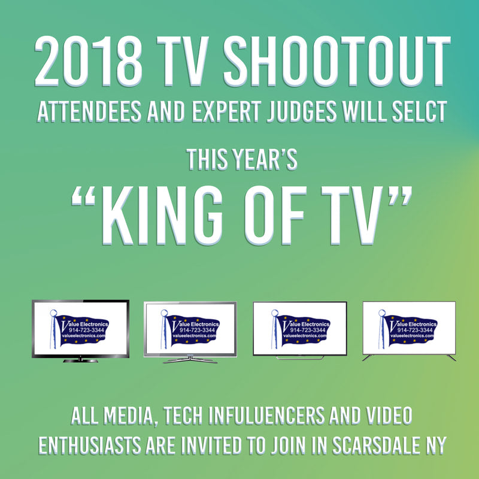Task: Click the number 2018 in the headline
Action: coord(81,62)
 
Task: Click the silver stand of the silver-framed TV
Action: coord(190,359)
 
